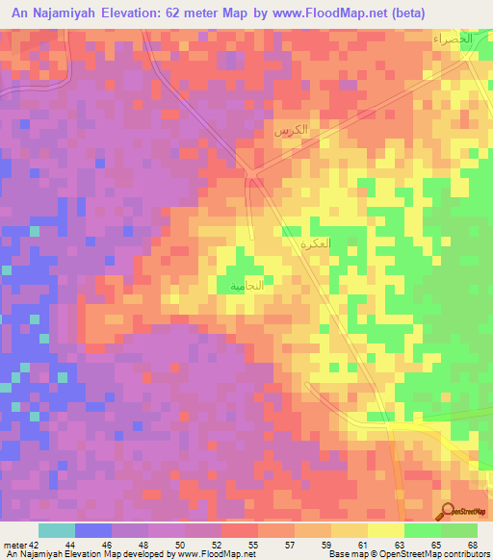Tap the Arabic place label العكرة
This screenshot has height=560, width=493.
click(315, 243)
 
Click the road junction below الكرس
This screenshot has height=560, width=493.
click(252, 174)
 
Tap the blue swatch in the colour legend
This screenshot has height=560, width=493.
click(93, 530)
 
